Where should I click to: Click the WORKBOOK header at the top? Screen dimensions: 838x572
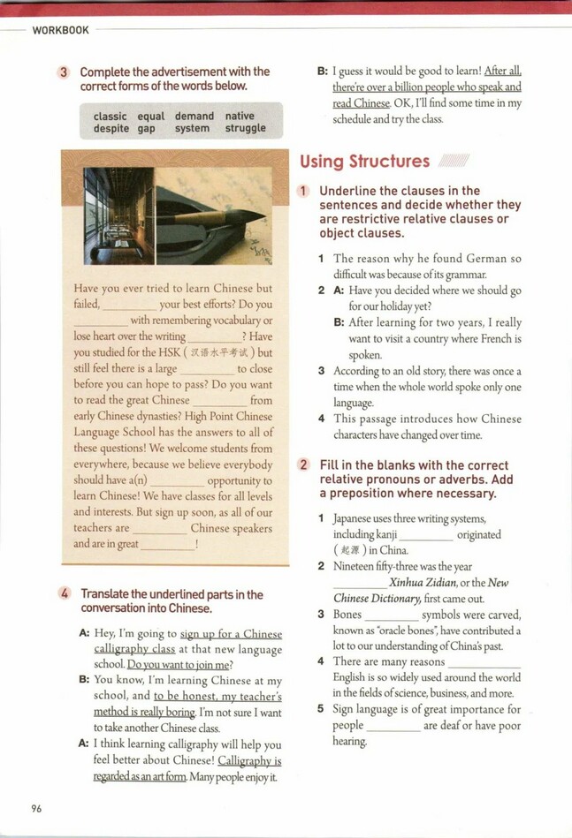coord(60,30)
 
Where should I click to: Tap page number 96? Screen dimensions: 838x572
coord(36,807)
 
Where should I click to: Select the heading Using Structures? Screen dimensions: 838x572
coord(364,161)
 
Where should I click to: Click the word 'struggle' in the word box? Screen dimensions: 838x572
coord(245,128)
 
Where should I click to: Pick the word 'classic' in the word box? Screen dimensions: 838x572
coord(110,116)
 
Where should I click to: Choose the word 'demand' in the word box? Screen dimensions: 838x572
coord(194,116)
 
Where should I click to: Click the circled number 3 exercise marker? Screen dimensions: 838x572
coord(65,72)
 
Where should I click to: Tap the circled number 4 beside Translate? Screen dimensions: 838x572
coord(65,594)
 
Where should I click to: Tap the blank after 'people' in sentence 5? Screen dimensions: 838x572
coord(393,726)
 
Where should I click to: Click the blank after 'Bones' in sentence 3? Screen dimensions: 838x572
coord(391,615)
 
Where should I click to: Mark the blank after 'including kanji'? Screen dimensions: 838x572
coord(427,535)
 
